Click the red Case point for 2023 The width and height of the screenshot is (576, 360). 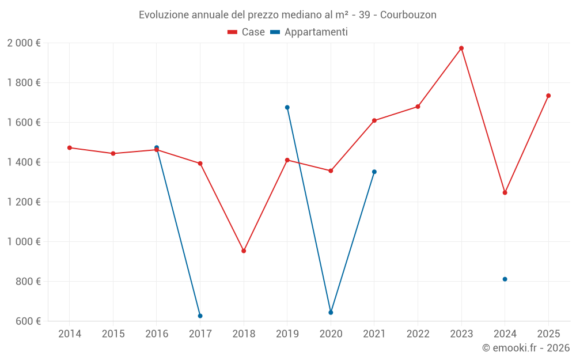(x=461, y=48)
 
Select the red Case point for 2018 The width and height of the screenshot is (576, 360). (x=244, y=251)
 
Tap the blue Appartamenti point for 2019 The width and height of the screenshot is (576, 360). (x=287, y=108)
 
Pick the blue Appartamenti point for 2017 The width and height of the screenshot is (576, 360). (x=200, y=316)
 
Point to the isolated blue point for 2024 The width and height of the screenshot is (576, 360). (x=505, y=279)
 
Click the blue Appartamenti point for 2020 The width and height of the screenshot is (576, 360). (x=331, y=313)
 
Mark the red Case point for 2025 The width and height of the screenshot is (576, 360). (x=548, y=96)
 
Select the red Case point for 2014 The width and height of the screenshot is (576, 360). (x=70, y=148)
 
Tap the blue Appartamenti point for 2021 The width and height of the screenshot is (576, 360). (x=374, y=172)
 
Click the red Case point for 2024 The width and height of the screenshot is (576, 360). (x=505, y=193)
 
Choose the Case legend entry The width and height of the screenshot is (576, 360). (x=247, y=32)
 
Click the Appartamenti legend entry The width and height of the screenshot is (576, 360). (x=309, y=32)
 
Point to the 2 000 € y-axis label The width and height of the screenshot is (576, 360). (x=24, y=43)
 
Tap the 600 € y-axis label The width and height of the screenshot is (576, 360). (x=28, y=321)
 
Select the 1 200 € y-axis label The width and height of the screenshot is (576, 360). (x=24, y=202)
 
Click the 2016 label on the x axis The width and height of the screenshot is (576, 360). (x=157, y=334)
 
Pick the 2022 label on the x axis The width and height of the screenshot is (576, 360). (x=418, y=334)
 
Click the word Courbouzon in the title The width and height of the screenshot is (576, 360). (x=409, y=15)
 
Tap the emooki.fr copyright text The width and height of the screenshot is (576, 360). (x=526, y=348)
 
